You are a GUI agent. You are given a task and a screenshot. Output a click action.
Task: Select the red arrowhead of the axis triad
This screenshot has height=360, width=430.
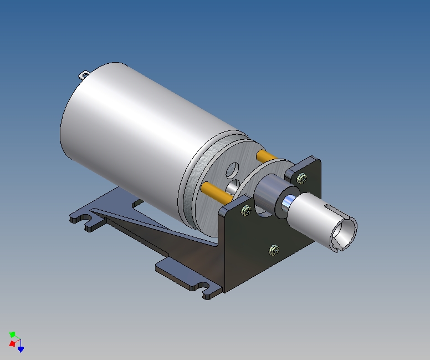(12, 344)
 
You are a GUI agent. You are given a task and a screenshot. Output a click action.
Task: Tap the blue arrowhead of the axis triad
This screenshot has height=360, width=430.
(21, 349)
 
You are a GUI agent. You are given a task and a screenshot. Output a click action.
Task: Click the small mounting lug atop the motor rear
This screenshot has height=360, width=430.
(85, 74)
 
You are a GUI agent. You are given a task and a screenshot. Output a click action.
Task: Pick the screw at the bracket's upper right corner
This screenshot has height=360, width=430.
(302, 178)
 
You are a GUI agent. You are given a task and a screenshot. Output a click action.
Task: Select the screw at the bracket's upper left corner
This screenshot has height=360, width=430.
(245, 210)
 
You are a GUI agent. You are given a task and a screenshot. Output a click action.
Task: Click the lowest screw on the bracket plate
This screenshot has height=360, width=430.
(274, 250)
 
